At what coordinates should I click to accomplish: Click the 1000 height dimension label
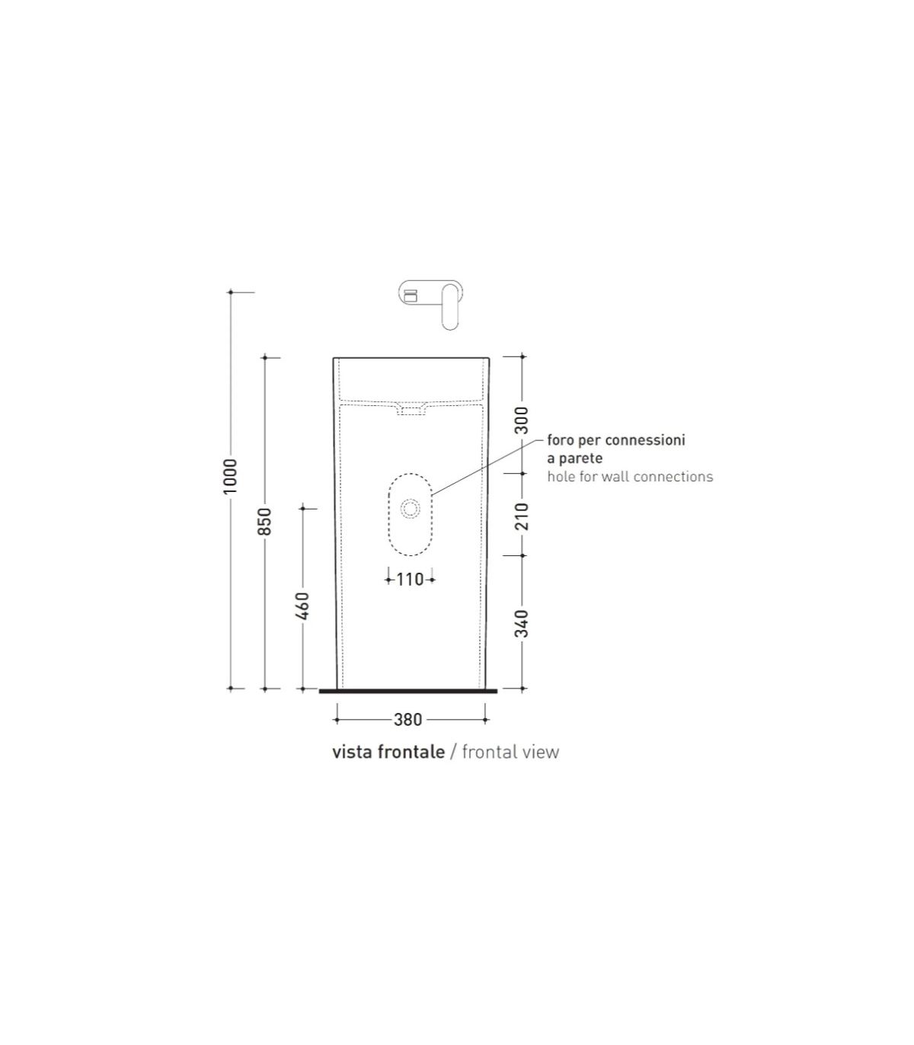pyautogui.click(x=230, y=476)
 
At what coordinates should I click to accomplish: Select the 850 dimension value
pyautogui.click(x=264, y=521)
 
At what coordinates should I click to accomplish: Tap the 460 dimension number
pyautogui.click(x=303, y=606)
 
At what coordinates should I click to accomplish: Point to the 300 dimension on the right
pyautogui.click(x=521, y=420)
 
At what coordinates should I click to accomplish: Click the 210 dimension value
pyautogui.click(x=521, y=516)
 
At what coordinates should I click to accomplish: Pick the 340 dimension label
pyautogui.click(x=521, y=623)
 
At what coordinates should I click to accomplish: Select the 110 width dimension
pyautogui.click(x=410, y=580)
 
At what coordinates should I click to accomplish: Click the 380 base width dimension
pyautogui.click(x=408, y=720)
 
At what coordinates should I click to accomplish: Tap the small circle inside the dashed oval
pyautogui.click(x=410, y=509)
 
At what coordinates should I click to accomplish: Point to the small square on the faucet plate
pyautogui.click(x=410, y=296)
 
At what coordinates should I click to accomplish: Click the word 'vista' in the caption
pyautogui.click(x=351, y=753)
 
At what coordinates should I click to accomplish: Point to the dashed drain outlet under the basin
pyautogui.click(x=411, y=411)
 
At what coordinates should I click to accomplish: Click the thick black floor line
pyautogui.click(x=407, y=691)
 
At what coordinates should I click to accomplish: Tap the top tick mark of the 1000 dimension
pyautogui.click(x=231, y=292)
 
